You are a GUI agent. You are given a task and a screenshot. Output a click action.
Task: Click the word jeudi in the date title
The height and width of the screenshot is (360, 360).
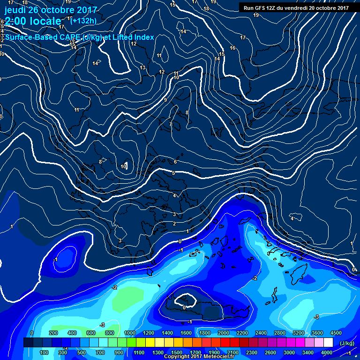coord(15,10)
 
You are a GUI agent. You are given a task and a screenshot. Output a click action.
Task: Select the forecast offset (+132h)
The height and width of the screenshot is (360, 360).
coord(83,21)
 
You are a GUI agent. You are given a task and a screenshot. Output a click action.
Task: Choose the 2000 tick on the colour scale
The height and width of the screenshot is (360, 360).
coord(223,333)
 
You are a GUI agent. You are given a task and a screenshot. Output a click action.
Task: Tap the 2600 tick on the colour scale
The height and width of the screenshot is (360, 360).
coord(270,352)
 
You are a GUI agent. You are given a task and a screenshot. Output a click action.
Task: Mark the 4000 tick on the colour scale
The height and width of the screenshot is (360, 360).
coord(327,352)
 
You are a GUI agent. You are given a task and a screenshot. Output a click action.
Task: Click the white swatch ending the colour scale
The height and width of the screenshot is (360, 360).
coord(328,343)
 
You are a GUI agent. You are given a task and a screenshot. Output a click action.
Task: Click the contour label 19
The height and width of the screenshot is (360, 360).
coord(256,15)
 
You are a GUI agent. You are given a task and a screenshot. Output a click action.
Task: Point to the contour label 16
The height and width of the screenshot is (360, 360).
coord(232,48)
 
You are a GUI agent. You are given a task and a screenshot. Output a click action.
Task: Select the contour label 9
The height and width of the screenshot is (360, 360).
coord(165,100)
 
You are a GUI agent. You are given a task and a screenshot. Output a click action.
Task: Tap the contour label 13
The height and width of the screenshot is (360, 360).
coord(142,68)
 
